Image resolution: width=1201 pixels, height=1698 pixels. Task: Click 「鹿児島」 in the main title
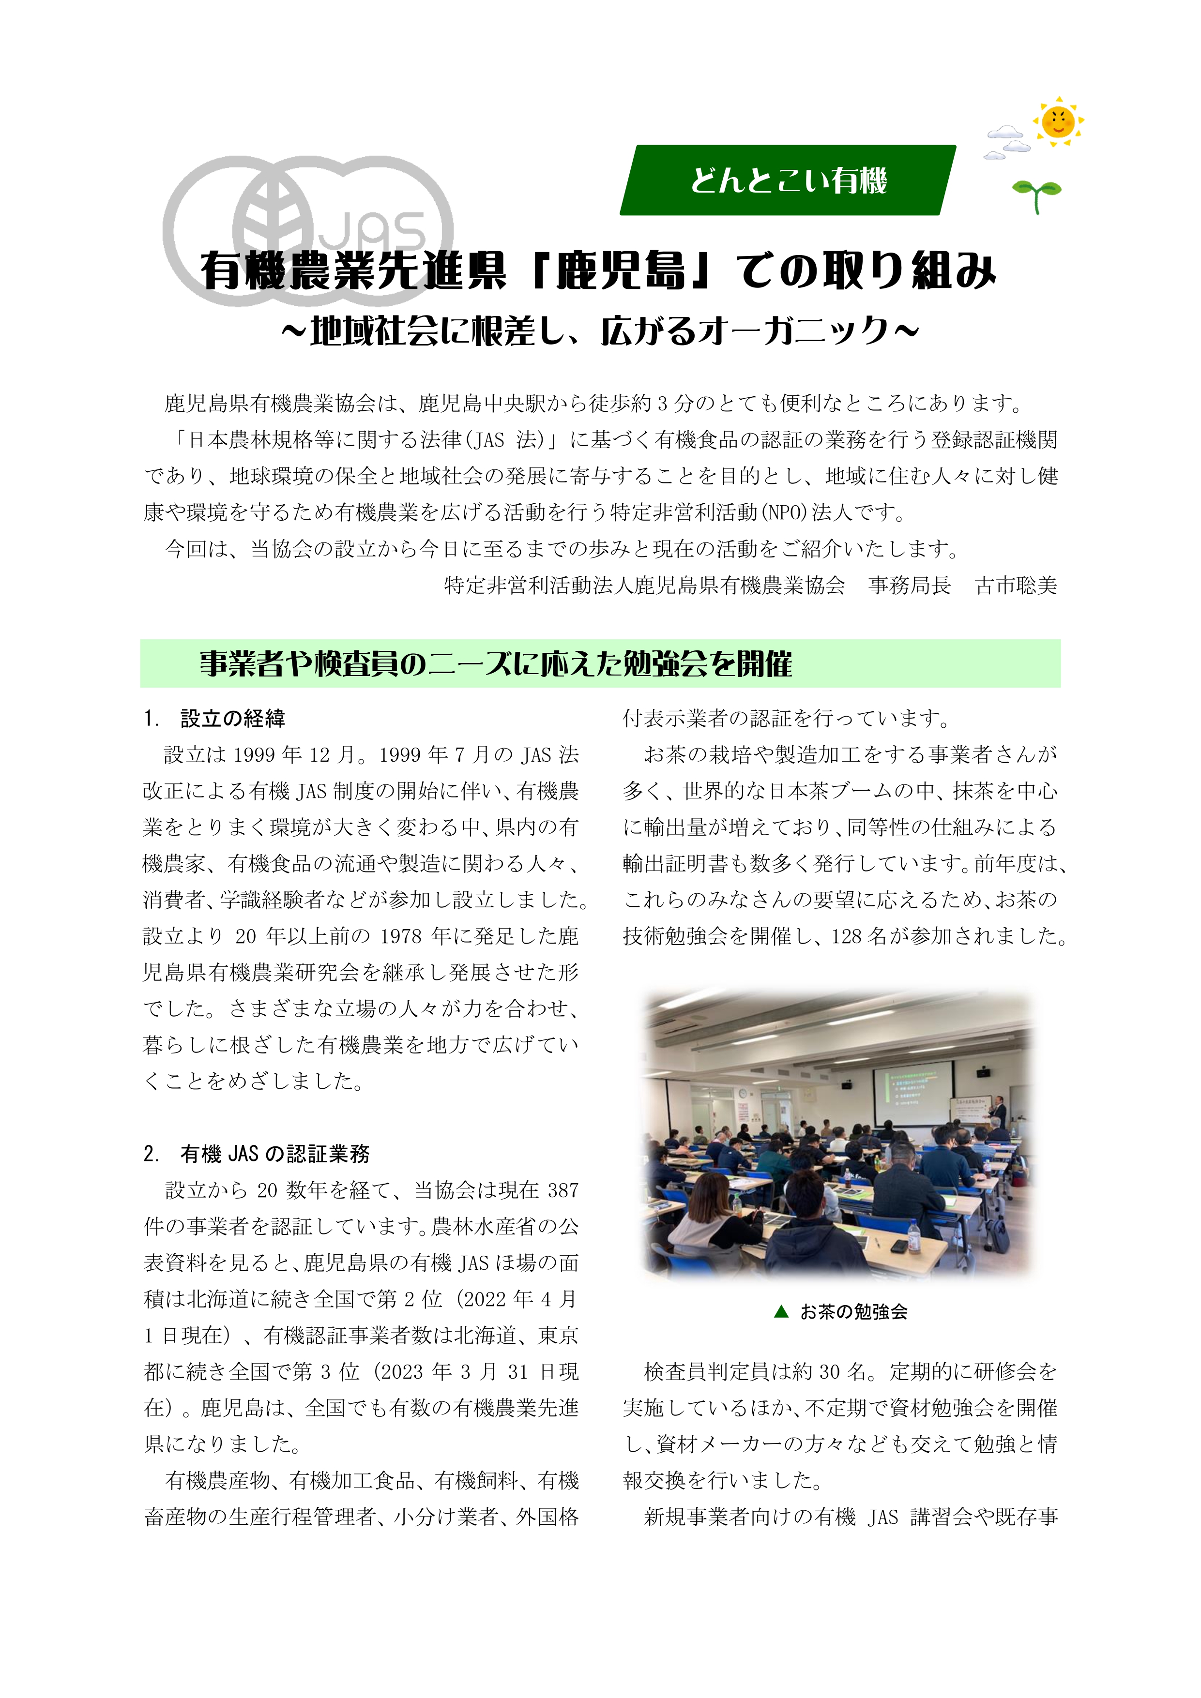(620, 270)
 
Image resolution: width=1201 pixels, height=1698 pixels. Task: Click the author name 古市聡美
(1016, 586)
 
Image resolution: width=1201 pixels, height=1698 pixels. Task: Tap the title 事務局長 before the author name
(910, 586)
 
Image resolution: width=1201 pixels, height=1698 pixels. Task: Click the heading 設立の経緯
(232, 718)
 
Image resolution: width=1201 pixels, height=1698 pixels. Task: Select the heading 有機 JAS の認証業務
(274, 1154)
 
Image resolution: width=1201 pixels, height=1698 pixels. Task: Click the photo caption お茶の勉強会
(853, 1312)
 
